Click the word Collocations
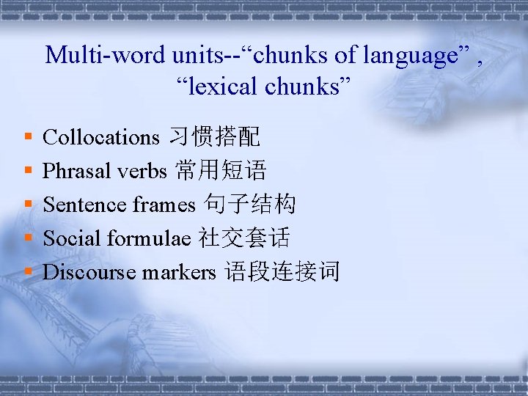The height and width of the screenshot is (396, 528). [x=101, y=137]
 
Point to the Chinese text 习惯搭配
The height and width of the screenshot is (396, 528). [x=215, y=137]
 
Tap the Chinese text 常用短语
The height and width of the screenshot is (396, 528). [x=221, y=171]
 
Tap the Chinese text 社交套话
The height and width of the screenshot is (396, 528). [x=244, y=238]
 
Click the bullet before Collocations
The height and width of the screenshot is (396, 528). [x=27, y=137]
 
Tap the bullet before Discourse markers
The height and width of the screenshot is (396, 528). [x=27, y=272]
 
